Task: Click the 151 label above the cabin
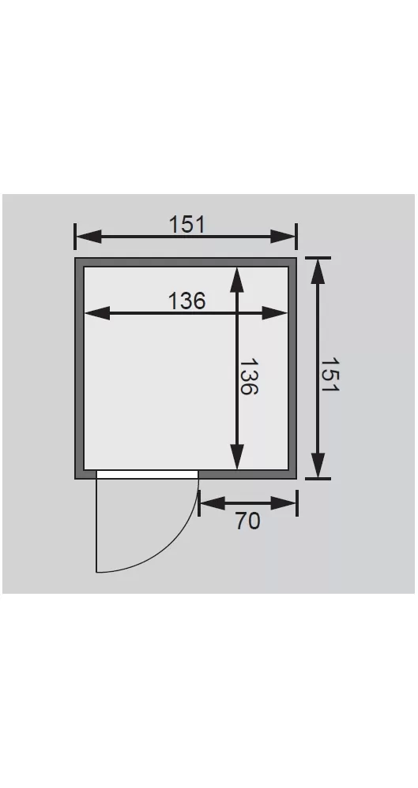186,224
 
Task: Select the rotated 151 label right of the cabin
330,375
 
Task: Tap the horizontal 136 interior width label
186,301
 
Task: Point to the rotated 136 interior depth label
248,376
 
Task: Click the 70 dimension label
248,521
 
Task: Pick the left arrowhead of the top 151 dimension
88,236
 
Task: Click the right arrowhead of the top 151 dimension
283,236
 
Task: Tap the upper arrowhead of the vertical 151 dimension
318,271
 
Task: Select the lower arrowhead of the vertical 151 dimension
318,465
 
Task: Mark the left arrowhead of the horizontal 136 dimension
97,313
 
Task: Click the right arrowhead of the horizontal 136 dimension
274,313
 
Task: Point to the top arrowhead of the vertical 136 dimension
237,280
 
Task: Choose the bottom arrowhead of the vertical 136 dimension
237,457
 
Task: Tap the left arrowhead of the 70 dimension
213,503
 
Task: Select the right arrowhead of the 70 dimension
283,503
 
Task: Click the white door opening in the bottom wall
148,474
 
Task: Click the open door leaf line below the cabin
96,525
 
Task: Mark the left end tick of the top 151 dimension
75,236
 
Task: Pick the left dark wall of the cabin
80,368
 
